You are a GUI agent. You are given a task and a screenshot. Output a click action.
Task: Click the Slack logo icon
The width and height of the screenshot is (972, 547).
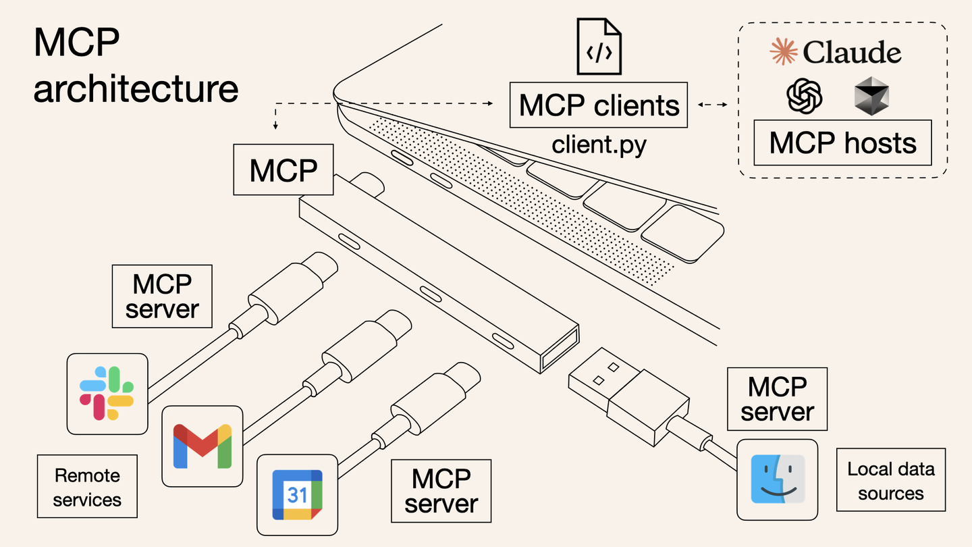(107, 393)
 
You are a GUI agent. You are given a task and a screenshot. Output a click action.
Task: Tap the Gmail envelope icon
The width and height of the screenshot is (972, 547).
(202, 446)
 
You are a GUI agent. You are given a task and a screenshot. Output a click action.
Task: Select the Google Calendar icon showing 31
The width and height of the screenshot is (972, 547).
(298, 495)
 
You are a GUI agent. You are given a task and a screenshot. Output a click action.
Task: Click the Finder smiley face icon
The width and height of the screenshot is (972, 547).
(778, 479)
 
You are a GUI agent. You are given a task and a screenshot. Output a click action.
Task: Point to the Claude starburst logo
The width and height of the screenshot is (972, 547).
(784, 52)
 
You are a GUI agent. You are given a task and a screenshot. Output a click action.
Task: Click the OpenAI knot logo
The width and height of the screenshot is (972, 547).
(805, 95)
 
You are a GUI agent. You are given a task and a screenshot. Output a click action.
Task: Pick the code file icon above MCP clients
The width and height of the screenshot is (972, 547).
(599, 47)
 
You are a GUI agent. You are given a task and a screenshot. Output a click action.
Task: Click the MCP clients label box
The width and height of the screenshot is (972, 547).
(599, 105)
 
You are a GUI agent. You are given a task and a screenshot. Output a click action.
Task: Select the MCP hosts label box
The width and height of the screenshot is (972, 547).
(842, 142)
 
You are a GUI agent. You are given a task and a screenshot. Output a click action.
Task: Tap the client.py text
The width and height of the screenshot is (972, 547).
(599, 145)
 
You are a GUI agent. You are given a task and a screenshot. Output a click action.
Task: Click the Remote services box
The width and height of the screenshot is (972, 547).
(87, 487)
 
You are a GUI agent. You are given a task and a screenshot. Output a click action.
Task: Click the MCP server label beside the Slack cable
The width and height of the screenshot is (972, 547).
(162, 296)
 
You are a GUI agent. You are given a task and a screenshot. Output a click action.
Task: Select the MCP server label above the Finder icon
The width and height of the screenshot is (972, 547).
(777, 399)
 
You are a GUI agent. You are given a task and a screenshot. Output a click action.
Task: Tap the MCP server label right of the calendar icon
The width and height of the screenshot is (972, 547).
(441, 491)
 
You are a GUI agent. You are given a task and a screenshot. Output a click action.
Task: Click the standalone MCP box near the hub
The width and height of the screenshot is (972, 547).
(283, 170)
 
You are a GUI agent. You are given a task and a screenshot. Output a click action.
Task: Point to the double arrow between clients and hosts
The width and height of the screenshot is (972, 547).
(713, 105)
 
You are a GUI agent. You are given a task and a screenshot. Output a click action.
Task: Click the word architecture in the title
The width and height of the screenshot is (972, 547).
(136, 88)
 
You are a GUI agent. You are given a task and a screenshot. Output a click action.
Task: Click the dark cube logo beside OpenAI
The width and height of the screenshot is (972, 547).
(871, 95)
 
